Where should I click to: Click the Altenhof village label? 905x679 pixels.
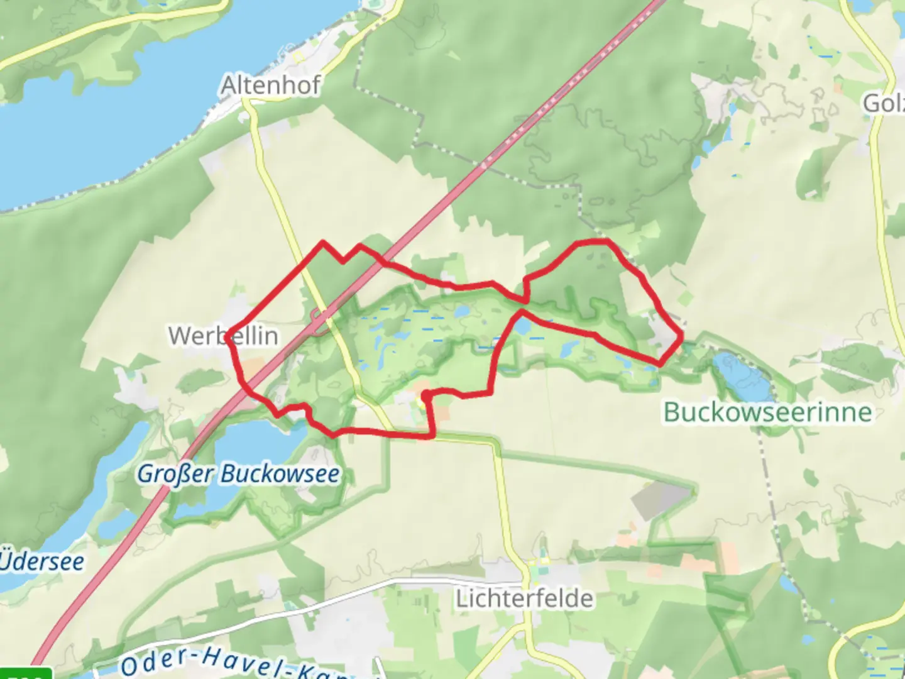[271, 85]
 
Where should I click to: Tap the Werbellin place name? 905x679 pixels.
[223, 336]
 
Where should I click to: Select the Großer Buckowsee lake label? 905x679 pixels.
[239, 473]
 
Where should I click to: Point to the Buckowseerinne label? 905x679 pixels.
[768, 412]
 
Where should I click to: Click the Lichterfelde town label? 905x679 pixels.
[524, 598]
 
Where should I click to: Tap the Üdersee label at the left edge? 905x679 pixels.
[41, 561]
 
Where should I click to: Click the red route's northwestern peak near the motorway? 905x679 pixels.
[323, 241]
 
